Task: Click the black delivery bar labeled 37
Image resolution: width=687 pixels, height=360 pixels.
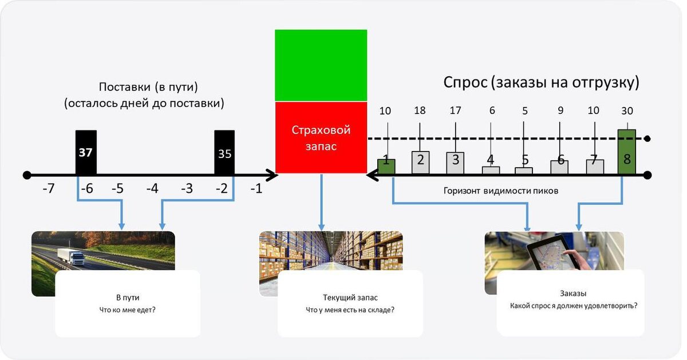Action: pos(86,152)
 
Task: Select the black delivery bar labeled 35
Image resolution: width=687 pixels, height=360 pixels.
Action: pos(224,153)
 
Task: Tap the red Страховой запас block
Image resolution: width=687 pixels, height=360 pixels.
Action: pos(321,137)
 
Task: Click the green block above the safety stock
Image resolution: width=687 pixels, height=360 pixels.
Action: pos(321,65)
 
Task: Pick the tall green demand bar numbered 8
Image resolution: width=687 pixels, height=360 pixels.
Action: pos(626,152)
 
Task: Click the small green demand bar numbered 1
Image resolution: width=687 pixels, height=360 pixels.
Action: pos(386,166)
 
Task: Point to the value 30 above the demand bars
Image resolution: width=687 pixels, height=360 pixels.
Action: pos(627,111)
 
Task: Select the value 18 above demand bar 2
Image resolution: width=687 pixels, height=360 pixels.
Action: pos(420,111)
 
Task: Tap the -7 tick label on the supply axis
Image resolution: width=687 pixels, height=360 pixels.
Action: pos(48,188)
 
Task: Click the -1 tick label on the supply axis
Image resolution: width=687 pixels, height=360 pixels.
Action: pos(256,188)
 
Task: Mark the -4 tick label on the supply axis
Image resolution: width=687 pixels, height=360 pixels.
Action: pos(152,188)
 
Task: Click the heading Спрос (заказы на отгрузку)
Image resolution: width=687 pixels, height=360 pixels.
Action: pos(541,82)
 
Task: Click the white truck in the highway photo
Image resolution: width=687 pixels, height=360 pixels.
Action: pos(71,256)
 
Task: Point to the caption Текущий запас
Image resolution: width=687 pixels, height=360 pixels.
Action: pos(350,298)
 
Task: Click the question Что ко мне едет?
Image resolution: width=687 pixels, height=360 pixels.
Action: pos(128,310)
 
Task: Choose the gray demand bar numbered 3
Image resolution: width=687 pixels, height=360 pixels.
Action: pos(455,162)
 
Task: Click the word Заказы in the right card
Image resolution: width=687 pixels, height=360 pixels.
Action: pos(573,294)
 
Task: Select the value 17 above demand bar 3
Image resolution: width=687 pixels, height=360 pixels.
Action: pos(455,111)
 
